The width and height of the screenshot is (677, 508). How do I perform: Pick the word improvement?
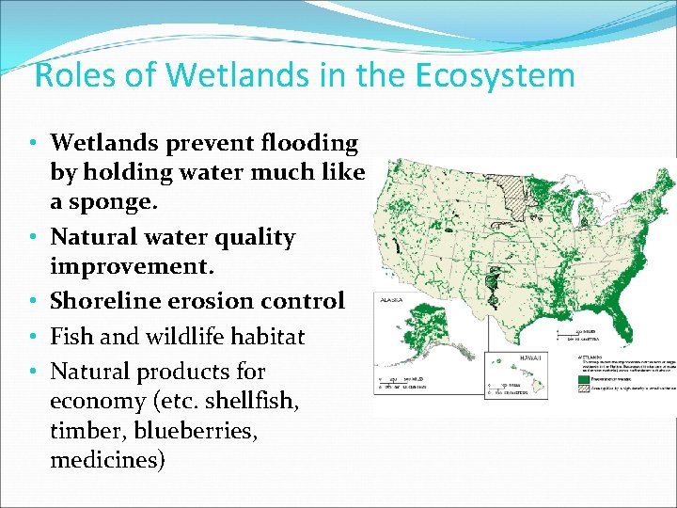133,266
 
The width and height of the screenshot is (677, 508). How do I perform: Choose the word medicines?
107,460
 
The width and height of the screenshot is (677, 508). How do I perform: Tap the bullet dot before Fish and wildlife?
33,337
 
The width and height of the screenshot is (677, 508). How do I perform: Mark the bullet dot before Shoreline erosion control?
33,302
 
